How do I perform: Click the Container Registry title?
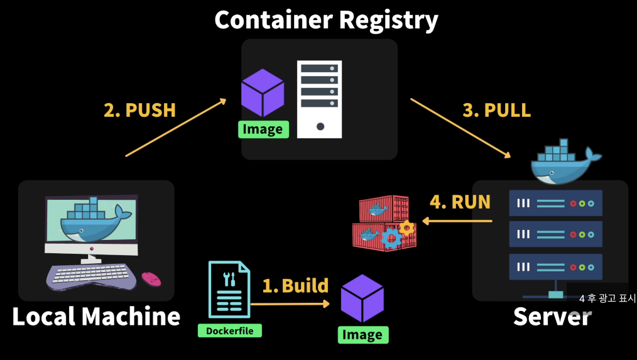click(x=326, y=20)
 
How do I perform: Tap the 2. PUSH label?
click(x=139, y=110)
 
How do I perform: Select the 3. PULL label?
click(x=496, y=110)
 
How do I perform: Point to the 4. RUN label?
click(x=460, y=202)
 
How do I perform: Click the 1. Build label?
click(x=295, y=286)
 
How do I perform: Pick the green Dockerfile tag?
click(x=229, y=330)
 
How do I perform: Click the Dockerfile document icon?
click(x=229, y=289)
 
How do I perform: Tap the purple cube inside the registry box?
click(x=263, y=92)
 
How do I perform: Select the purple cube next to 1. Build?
click(x=362, y=298)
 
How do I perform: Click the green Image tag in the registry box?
click(x=263, y=129)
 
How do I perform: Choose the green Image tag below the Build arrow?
click(x=362, y=335)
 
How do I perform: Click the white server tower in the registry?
click(x=319, y=99)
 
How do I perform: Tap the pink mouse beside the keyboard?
click(x=151, y=278)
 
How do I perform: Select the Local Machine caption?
click(x=96, y=317)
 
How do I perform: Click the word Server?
click(x=552, y=317)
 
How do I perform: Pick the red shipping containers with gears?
click(x=384, y=223)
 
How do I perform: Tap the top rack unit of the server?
click(x=555, y=203)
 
